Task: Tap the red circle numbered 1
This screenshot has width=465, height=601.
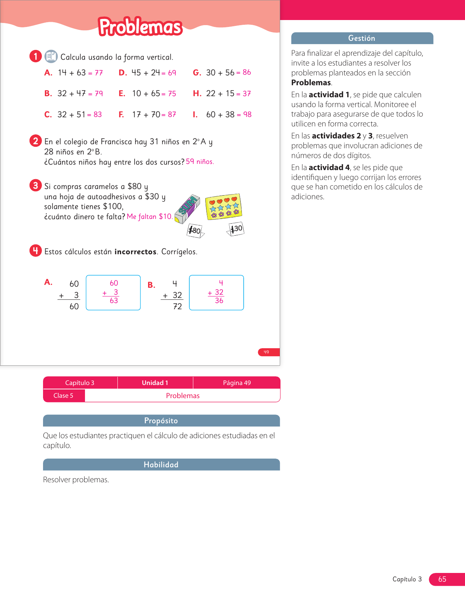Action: coord(35,56)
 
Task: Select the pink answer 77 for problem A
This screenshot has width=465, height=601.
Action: coord(98,73)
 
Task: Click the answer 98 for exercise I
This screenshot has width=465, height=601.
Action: coord(247,114)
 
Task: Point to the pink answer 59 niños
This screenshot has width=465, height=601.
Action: coord(200,161)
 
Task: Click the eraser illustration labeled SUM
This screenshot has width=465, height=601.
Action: coord(187,209)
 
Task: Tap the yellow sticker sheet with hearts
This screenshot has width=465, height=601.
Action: coord(224,207)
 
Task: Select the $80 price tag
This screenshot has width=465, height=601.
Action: coord(195,231)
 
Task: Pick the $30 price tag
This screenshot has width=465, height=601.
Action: coord(236,229)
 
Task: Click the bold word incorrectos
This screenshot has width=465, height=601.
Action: coord(135,252)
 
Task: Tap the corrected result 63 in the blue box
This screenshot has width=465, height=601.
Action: coord(114,300)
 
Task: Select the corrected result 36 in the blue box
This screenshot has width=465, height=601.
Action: coord(219,300)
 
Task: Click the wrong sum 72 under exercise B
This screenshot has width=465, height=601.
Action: coord(177,306)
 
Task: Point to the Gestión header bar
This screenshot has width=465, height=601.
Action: coord(362,38)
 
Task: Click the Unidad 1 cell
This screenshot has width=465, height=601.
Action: coord(155,383)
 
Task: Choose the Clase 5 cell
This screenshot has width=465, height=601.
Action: coord(63,396)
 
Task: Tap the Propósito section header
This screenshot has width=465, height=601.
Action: coord(161,421)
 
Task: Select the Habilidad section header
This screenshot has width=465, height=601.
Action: coord(161,465)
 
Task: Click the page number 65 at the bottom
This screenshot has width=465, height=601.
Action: coord(442,579)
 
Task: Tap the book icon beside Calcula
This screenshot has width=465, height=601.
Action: coord(51,56)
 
